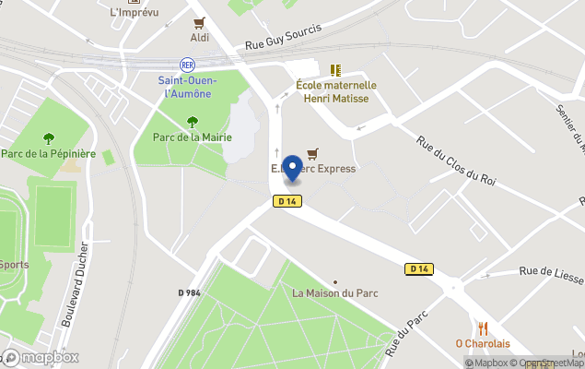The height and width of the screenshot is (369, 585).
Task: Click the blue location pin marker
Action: [293, 169]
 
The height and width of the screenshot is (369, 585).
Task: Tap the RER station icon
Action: [188, 65]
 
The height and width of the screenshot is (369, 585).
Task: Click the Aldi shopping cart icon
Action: [199, 23]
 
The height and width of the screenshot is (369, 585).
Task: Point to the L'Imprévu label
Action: [134, 12]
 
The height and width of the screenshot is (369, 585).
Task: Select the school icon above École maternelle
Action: [335, 69]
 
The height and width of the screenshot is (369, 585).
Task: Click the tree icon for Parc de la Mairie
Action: [192, 122]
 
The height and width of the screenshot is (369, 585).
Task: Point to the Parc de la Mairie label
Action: [191, 138]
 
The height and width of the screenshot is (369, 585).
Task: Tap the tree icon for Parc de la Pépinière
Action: [49, 138]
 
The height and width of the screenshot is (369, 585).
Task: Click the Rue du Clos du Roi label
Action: [456, 161]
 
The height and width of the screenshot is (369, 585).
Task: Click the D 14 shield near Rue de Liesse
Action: [418, 268]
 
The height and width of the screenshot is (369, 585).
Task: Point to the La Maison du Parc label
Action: [335, 293]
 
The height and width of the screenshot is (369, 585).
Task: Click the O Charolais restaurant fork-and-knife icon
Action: [483, 328]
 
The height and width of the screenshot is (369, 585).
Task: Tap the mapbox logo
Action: [41, 357]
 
